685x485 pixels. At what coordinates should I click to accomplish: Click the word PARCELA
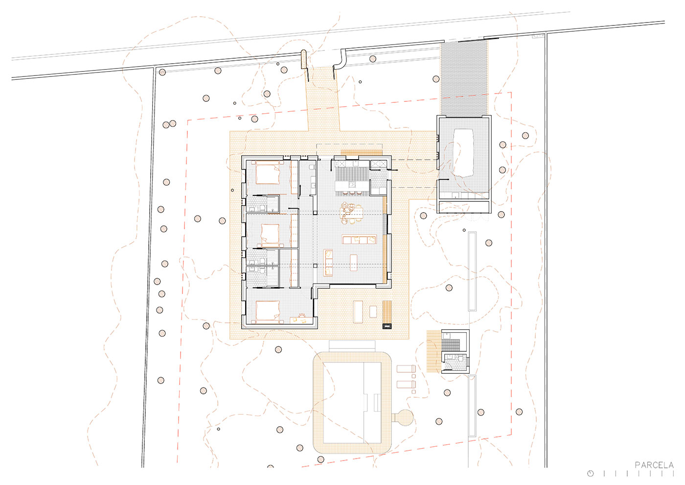(654, 465)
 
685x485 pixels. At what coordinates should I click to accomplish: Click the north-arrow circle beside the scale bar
(590, 473)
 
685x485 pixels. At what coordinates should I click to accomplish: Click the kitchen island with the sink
(352, 185)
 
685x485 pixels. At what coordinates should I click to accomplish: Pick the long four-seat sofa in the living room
(359, 240)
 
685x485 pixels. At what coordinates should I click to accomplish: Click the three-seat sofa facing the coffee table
(328, 263)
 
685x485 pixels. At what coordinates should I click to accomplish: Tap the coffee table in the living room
(353, 263)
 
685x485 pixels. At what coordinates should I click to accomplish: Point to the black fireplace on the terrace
(387, 326)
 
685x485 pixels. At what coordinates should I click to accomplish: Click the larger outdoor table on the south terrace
(358, 312)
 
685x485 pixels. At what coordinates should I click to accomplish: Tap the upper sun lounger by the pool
(406, 368)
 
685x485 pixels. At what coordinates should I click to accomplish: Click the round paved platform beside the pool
(404, 417)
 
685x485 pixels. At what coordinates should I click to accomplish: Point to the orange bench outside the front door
(362, 152)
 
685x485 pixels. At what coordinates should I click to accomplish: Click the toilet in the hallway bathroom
(311, 167)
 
